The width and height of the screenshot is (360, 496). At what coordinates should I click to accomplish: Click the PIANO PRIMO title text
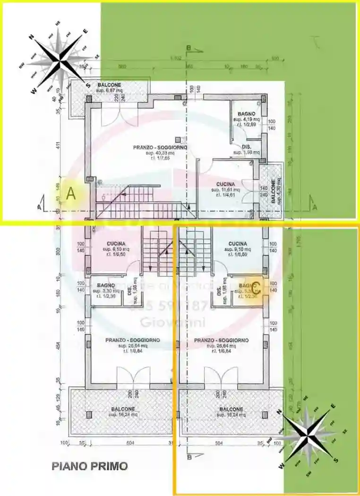tap(89, 466)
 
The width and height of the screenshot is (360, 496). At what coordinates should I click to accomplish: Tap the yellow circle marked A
tap(71, 193)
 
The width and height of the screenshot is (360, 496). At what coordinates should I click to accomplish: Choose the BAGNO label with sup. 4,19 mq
tap(247, 114)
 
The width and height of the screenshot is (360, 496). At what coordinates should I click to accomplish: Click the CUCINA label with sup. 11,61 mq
tap(226, 184)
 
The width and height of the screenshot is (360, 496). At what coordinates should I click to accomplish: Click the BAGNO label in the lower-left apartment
tap(106, 286)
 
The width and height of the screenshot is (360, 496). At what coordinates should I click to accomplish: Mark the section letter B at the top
tap(188, 48)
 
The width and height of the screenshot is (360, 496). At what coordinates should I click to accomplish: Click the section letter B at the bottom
tap(189, 457)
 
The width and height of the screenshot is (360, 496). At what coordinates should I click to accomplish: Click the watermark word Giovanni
tap(172, 323)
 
